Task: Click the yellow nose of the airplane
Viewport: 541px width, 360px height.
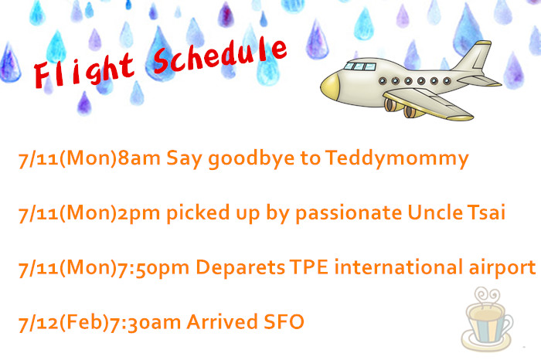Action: click(x=329, y=87)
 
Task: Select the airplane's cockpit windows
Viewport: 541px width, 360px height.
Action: click(x=361, y=66)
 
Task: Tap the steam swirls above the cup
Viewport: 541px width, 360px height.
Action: click(x=486, y=296)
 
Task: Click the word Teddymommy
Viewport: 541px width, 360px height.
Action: click(x=396, y=158)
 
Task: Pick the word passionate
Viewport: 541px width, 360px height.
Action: click(x=349, y=212)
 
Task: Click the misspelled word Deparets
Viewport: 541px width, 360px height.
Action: click(x=240, y=267)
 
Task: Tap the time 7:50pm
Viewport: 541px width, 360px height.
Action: click(x=154, y=268)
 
